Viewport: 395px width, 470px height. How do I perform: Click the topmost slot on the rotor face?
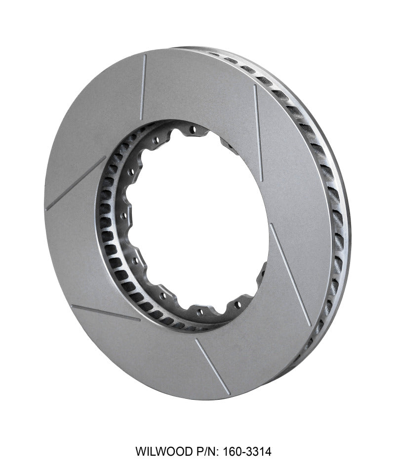pyautogui.click(x=143, y=87)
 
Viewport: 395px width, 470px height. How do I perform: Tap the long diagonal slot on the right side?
pyautogui.click(x=290, y=274)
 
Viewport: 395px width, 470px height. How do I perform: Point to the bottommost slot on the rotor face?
pyautogui.click(x=212, y=366)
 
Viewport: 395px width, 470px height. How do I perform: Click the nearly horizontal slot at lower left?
pyautogui.click(x=105, y=313)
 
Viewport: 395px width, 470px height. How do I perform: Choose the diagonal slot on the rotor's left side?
pyautogui.click(x=76, y=183)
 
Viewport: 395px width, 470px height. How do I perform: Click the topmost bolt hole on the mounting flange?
pyautogui.click(x=193, y=130)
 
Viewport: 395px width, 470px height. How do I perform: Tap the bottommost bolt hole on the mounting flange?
pyautogui.click(x=200, y=312)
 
